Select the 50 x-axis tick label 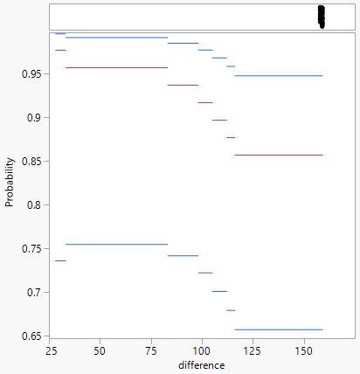pos(100,350)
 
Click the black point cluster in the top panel pos(321,17)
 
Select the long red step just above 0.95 pos(116,67)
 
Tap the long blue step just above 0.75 pos(116,245)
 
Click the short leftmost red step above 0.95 pos(60,50)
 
